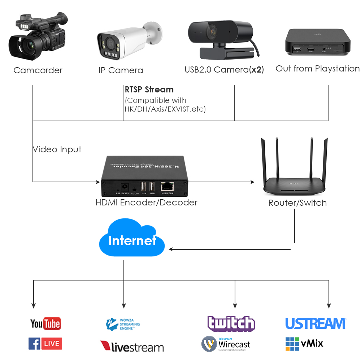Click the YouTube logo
coord(45,323)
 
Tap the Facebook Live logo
coord(45,344)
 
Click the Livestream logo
coord(132,347)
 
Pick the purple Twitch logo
coord(231,323)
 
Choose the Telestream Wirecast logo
coord(226,344)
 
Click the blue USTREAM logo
coord(316,323)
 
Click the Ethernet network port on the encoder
coord(168,186)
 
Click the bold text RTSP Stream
coord(149,90)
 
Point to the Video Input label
coord(57,149)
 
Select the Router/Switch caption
coord(297,203)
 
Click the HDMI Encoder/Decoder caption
coord(146,203)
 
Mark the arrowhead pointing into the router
coord(252,182)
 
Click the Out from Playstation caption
coord(317,69)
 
